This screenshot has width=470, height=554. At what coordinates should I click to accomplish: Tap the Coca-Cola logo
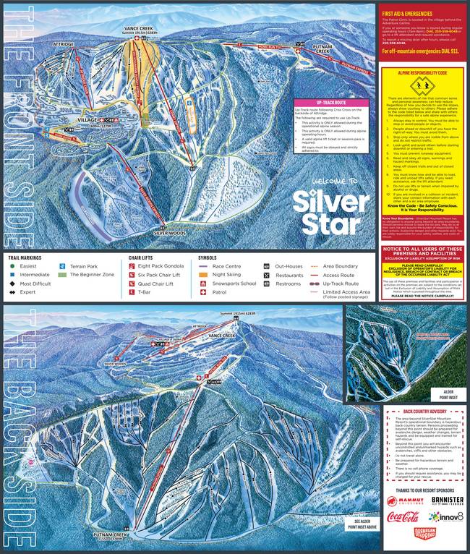click(x=403, y=518)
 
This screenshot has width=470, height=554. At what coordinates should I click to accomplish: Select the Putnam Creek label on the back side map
click(x=113, y=536)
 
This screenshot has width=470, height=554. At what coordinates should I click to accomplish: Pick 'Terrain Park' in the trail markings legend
click(x=82, y=266)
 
